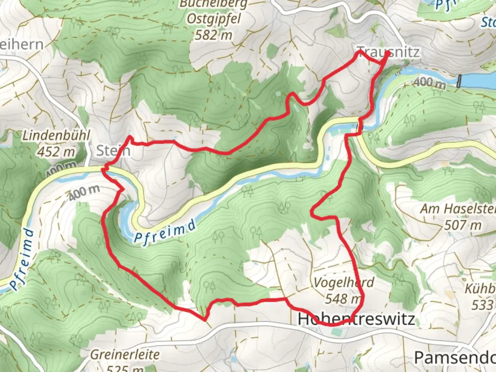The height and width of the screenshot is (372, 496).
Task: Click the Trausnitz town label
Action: pyautogui.click(x=389, y=52)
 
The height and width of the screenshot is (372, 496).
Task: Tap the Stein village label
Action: pyautogui.click(x=113, y=151)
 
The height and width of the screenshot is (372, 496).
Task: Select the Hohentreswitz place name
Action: pyautogui.click(x=356, y=319)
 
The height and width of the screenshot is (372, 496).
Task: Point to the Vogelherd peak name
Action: pyautogui.click(x=344, y=283)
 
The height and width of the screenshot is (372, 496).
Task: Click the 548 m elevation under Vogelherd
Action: pyautogui.click(x=343, y=298)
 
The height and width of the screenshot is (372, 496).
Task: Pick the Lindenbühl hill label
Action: pyautogui.click(x=56, y=135)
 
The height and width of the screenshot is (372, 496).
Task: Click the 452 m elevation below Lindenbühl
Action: pyautogui.click(x=55, y=151)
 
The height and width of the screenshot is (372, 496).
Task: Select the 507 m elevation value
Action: pyautogui.click(x=462, y=225)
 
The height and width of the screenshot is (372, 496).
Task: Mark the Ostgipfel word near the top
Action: pyautogui.click(x=214, y=19)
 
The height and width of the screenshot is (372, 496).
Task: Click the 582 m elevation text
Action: pyautogui.click(x=214, y=35)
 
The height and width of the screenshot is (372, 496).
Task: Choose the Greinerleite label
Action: pyautogui.click(x=125, y=354)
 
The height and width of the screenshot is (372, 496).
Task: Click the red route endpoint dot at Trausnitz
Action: pyautogui.click(x=387, y=54)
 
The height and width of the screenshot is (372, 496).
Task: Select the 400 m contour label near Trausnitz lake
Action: pyautogui.click(x=429, y=83)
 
